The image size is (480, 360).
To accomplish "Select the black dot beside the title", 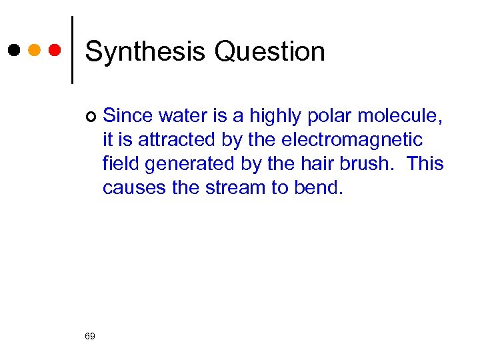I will coord(14,50).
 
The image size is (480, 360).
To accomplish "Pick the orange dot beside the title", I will coord(35,50).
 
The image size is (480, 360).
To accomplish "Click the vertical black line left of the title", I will coord(72,50).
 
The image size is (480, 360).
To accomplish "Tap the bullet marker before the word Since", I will coord(91,117).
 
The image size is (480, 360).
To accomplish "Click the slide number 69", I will coord(90,336).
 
